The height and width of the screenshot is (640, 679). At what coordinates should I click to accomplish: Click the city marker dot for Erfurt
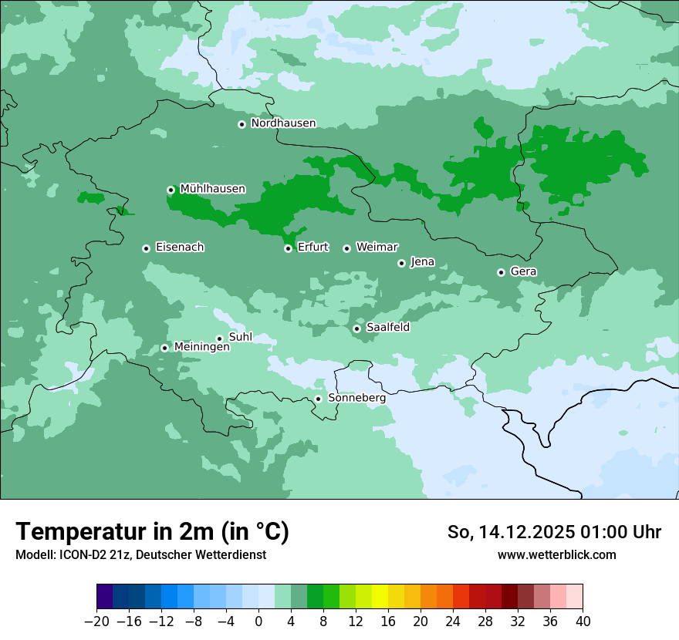(x=288, y=248)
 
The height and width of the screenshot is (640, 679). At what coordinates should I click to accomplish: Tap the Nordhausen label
(x=283, y=123)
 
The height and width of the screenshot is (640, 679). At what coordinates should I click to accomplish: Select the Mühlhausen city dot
(x=171, y=190)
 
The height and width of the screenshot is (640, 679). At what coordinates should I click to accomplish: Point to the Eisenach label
(x=180, y=248)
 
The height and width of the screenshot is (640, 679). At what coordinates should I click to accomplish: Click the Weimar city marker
(x=346, y=248)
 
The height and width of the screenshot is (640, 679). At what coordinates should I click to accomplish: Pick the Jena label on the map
(x=422, y=262)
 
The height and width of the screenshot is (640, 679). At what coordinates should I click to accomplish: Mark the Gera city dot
(x=501, y=272)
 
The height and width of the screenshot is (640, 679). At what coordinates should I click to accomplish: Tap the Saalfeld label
(x=387, y=328)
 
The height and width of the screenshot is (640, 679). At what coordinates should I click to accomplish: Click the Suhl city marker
(x=219, y=339)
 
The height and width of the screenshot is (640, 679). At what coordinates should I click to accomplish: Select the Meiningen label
(x=201, y=348)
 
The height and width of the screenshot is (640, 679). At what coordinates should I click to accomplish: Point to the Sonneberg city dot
(x=318, y=399)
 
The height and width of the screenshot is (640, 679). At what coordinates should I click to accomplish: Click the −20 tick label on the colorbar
(x=96, y=621)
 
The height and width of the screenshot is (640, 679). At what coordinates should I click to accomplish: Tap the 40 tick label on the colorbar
(x=583, y=621)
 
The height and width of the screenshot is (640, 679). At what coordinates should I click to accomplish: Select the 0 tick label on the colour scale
(x=258, y=621)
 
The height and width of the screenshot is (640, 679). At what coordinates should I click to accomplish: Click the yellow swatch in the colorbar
(x=380, y=597)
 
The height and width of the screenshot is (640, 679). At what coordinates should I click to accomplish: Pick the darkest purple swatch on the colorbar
(x=105, y=597)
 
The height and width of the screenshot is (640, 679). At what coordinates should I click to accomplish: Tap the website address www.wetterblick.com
(x=556, y=555)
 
